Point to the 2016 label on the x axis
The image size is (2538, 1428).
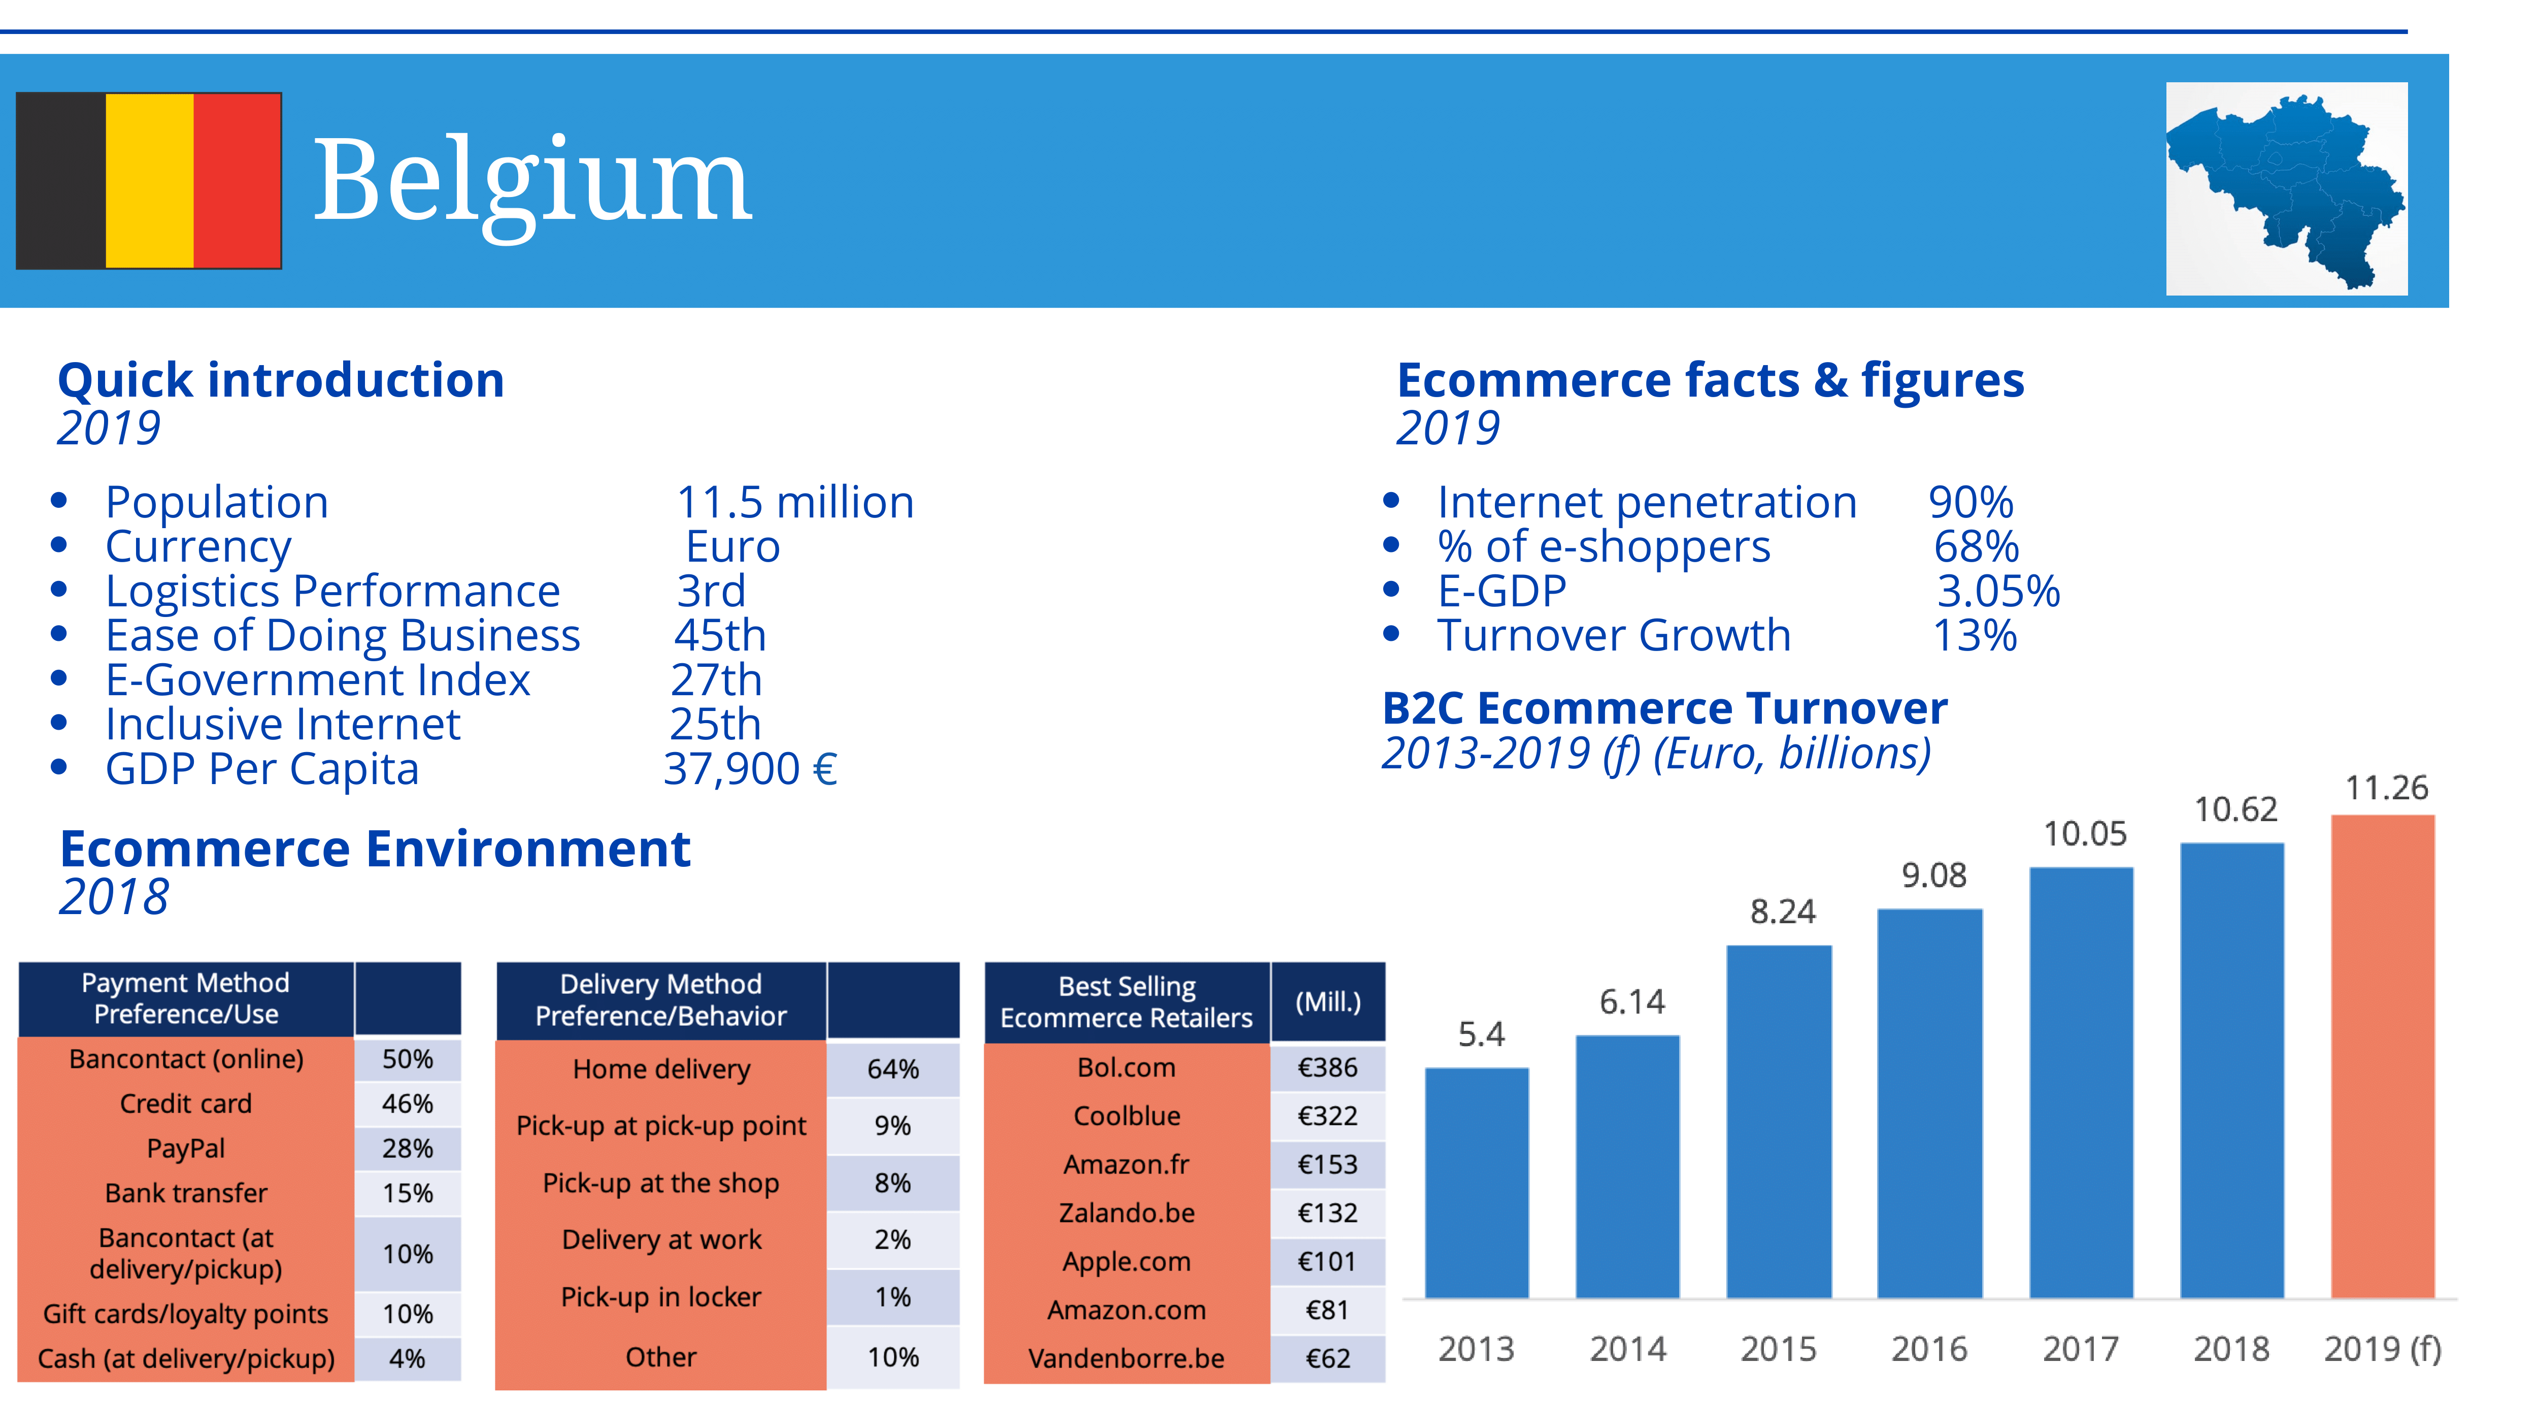[x=1928, y=1348]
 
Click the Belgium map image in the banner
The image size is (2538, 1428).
[x=2286, y=188]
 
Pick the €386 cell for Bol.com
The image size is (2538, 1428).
[x=1327, y=1067]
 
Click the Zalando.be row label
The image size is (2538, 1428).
[x=1126, y=1212]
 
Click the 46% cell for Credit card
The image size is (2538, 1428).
[x=407, y=1104]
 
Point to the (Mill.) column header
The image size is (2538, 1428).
[x=1327, y=1002]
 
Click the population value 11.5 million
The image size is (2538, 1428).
[x=794, y=503]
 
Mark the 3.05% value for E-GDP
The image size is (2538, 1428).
[x=1997, y=591]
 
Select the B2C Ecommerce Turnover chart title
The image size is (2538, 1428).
[x=1664, y=708]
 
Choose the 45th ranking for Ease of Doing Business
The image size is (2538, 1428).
[x=719, y=636]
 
